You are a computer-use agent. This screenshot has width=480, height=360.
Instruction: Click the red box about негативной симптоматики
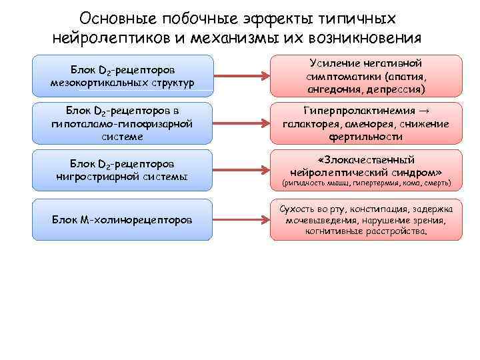point(366,75)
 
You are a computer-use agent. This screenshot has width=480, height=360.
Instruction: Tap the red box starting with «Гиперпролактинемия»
point(366,123)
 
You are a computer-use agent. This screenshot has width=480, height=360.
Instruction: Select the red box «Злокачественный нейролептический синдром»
point(366,169)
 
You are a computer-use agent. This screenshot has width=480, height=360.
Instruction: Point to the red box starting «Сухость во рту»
point(366,219)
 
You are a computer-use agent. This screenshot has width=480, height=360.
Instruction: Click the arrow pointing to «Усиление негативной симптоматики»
point(241,73)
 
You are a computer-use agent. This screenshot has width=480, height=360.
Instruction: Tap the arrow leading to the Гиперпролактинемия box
point(241,123)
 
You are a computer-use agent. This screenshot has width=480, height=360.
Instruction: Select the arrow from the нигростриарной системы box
point(241,170)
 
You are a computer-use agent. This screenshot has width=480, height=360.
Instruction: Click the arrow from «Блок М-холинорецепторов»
point(241,219)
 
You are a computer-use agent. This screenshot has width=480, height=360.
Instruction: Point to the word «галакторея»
point(313,123)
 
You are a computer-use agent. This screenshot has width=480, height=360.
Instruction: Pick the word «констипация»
point(376,208)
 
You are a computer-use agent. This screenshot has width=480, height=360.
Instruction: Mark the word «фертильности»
point(366,136)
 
